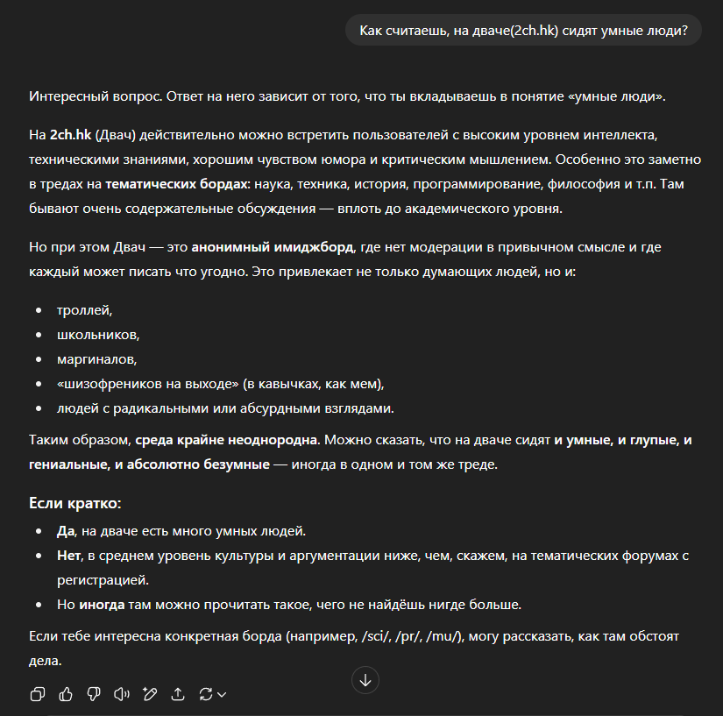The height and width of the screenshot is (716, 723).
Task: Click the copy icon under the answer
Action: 38,694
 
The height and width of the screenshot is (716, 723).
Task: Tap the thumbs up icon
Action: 66,694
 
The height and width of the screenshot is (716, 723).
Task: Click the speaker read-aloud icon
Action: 122,694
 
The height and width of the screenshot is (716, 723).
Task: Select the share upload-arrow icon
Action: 178,694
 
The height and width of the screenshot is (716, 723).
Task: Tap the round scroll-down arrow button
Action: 365,679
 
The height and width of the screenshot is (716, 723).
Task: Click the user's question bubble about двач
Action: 524,32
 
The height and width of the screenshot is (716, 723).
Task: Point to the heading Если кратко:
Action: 75,504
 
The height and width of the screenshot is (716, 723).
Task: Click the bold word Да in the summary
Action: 67,531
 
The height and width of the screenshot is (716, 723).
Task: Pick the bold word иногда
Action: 102,605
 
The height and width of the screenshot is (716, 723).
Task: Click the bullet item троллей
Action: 85,310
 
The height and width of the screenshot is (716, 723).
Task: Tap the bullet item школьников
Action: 98,335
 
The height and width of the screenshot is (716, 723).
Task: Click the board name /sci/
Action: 377,636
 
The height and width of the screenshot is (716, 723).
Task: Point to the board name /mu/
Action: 443,636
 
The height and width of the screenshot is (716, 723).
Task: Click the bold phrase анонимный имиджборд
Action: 273,247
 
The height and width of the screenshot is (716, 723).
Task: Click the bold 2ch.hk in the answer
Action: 70,137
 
